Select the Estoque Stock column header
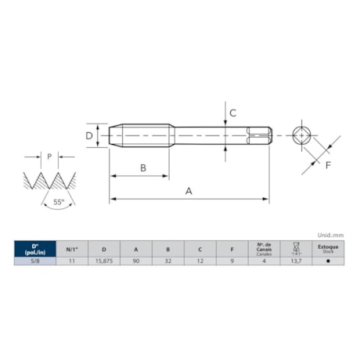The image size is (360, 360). [x=328, y=248]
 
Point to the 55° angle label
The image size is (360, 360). [x=59, y=202]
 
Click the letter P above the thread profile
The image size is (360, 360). [x=49, y=156]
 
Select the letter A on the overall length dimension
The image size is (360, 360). [x=189, y=190]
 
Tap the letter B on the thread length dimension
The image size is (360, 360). [x=143, y=167]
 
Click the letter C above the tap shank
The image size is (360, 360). [x=233, y=112]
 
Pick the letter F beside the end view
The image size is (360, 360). [x=328, y=164]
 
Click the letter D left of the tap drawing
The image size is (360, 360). [x=89, y=136]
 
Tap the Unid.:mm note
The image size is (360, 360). [x=330, y=234]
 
